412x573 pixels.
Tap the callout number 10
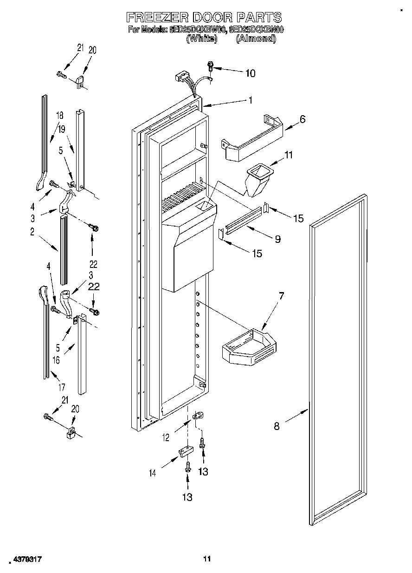tap(250, 73)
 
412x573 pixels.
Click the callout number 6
tap(302, 119)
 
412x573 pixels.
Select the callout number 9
tap(277, 239)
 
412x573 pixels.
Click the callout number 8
tap(277, 426)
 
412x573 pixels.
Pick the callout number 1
tap(250, 100)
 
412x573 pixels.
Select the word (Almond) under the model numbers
tap(256, 39)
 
